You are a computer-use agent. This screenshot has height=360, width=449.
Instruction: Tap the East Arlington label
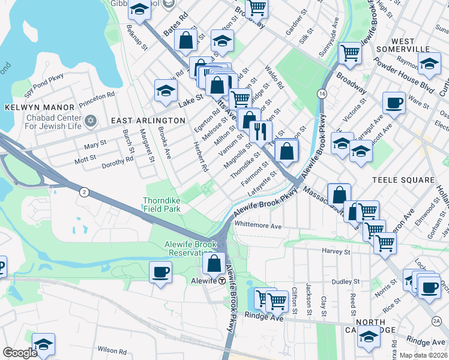coord(148,121)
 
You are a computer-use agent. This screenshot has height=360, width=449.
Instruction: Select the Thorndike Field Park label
coord(161,205)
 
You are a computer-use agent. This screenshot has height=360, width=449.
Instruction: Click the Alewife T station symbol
coord(221,281)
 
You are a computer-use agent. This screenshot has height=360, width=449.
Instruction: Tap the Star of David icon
coord(91,121)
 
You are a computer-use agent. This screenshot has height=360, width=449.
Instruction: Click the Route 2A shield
coord(436,322)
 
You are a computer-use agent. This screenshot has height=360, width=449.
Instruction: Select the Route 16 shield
coord(322,94)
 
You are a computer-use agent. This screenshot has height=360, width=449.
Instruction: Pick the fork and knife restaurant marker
coord(259,131)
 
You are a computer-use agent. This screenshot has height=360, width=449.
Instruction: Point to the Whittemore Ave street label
coord(258,226)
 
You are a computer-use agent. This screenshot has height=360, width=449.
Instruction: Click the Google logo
coord(20,353)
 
